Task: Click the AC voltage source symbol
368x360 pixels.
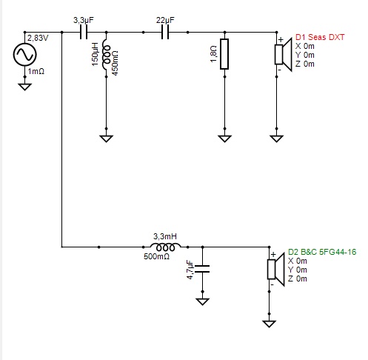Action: point(24,54)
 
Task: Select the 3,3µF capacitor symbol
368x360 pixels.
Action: point(84,33)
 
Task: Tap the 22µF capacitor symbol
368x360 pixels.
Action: point(165,33)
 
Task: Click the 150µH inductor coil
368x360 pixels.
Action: point(107,54)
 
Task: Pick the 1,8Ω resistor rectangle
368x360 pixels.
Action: point(224,54)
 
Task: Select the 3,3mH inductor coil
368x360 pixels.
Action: point(165,247)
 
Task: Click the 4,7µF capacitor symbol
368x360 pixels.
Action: point(202,269)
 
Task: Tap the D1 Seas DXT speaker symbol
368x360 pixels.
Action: point(284,55)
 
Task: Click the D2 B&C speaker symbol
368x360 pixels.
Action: point(276,270)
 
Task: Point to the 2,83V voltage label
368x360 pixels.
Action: point(38,39)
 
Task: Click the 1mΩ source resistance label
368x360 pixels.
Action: point(36,72)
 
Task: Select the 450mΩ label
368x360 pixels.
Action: point(115,63)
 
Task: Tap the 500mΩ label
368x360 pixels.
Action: point(156,256)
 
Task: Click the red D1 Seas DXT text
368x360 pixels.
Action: point(320,37)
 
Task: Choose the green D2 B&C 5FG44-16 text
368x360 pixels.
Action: point(322,252)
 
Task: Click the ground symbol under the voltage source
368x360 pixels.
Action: point(24,87)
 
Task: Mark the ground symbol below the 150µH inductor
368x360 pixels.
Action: point(107,139)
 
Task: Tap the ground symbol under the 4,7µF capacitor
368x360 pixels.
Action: point(202,301)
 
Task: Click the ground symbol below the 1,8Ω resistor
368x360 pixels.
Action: point(224,139)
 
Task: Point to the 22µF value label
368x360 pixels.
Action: point(165,20)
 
